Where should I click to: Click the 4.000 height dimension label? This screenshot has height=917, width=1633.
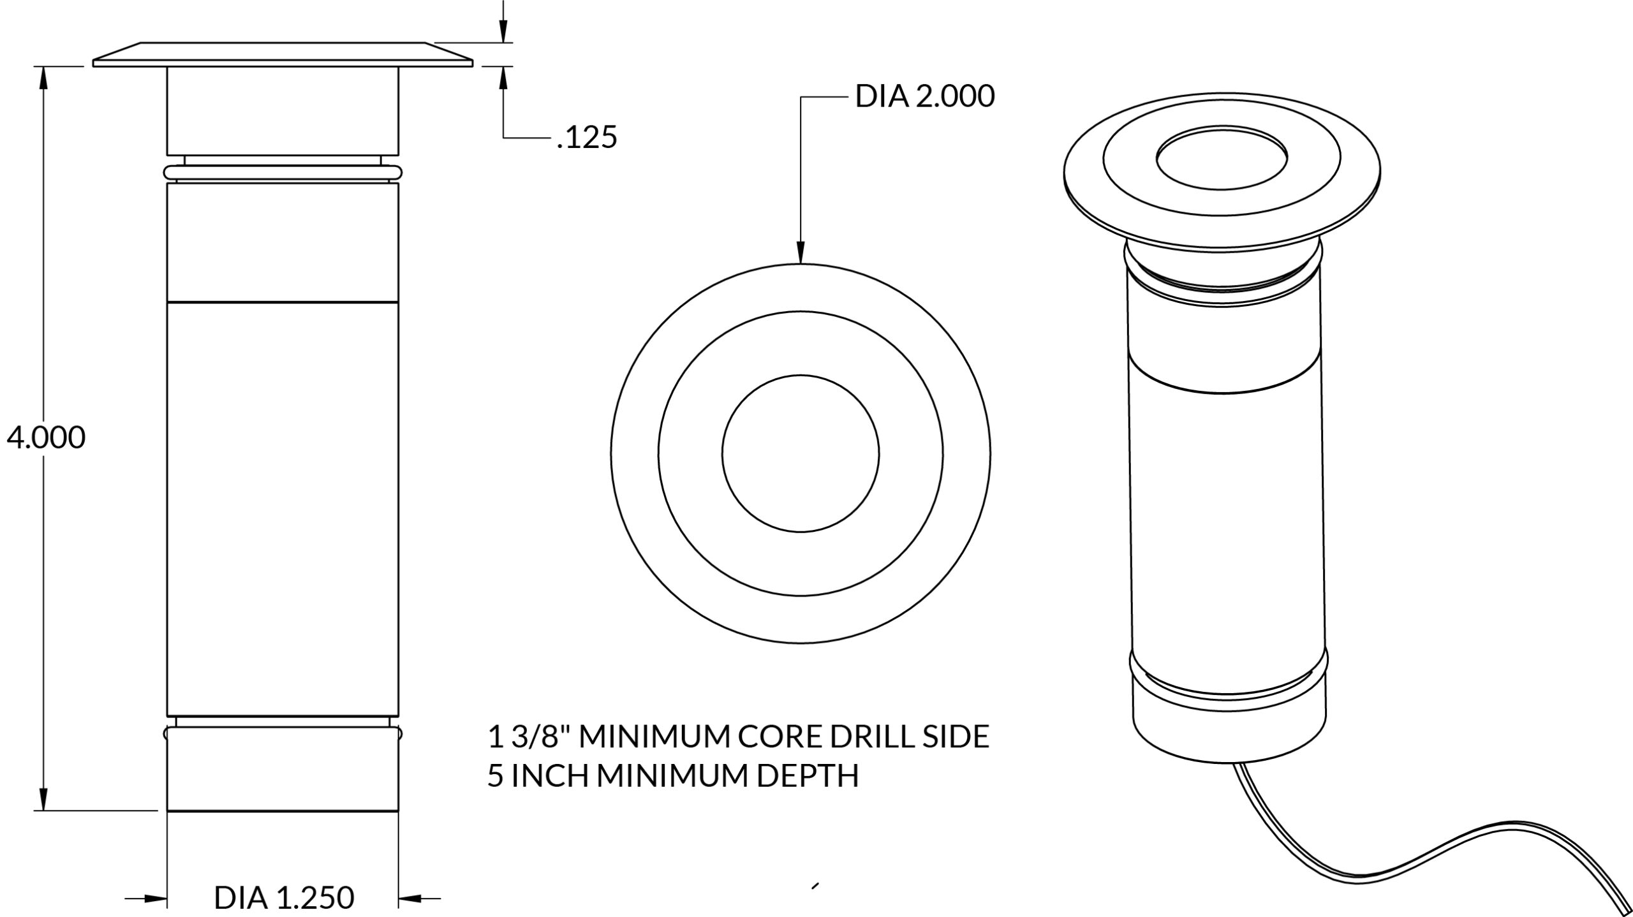(46, 438)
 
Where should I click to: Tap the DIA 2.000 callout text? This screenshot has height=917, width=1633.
(925, 97)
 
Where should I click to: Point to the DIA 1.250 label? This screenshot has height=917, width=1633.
(284, 898)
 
